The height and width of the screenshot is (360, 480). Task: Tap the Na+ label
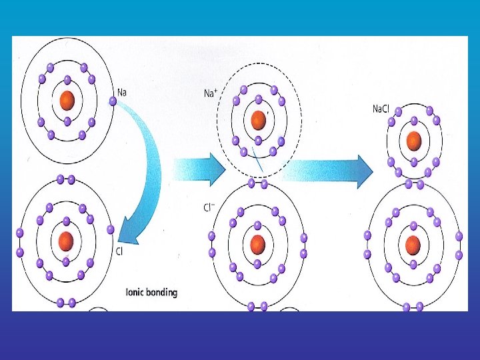pyautogui.click(x=210, y=93)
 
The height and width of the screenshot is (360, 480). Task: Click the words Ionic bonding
pyautogui.click(x=152, y=291)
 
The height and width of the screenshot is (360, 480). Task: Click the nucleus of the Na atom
pyautogui.click(x=67, y=101)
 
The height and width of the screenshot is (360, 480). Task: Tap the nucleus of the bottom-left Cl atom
pyautogui.click(x=65, y=240)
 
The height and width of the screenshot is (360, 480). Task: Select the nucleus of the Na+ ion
pyautogui.click(x=259, y=120)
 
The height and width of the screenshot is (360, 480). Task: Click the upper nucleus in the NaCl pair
pyautogui.click(x=414, y=140)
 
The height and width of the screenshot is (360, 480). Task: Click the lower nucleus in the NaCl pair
pyautogui.click(x=414, y=243)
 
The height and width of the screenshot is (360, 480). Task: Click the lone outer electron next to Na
pyautogui.click(x=113, y=101)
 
